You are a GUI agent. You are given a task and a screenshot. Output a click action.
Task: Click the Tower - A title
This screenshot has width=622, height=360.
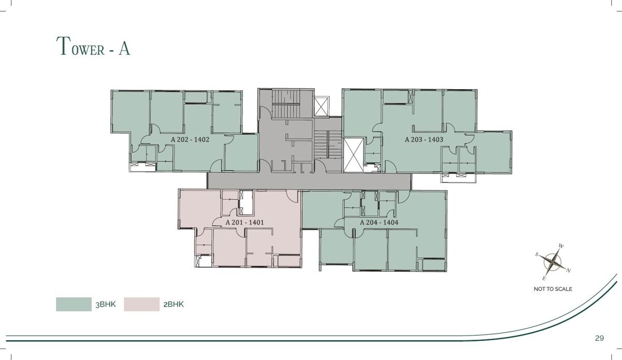click(x=93, y=46)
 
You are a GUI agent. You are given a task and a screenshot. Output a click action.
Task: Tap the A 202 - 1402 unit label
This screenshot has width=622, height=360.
click(x=190, y=140)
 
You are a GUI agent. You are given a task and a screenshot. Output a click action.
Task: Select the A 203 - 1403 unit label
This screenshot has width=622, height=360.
click(x=424, y=140)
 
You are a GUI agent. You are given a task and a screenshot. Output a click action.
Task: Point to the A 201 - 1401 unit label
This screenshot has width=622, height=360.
click(x=245, y=223)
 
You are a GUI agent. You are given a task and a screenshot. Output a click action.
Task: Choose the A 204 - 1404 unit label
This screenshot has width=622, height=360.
click(x=379, y=223)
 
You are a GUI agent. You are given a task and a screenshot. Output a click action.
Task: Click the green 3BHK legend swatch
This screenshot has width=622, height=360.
click(x=74, y=304)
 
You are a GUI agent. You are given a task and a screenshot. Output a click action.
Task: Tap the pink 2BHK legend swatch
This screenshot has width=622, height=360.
click(x=142, y=304)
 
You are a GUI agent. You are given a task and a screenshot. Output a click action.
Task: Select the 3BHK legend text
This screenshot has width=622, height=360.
click(x=106, y=304)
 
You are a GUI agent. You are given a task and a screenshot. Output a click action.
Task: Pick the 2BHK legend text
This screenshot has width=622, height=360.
click(x=174, y=304)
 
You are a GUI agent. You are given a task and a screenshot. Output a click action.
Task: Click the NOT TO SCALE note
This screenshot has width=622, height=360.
click(x=553, y=289)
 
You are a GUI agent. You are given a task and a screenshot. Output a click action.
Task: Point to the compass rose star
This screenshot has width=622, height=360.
click(x=553, y=262)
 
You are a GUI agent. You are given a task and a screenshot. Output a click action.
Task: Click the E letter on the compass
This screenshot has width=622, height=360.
click(x=544, y=279)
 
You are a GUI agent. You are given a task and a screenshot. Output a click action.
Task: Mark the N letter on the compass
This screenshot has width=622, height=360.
click(x=569, y=270)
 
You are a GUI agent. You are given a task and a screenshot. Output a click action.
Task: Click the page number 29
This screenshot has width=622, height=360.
click(x=600, y=338)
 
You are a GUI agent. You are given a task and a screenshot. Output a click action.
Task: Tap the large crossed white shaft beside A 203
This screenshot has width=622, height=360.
click(x=354, y=156)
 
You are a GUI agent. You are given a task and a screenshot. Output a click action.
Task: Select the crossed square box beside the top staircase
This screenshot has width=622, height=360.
click(x=321, y=106)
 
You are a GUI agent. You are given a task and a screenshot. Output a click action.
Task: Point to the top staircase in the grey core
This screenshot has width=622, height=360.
click(x=286, y=103)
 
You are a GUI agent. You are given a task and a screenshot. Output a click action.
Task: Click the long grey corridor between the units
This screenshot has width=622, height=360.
click(x=309, y=181)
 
